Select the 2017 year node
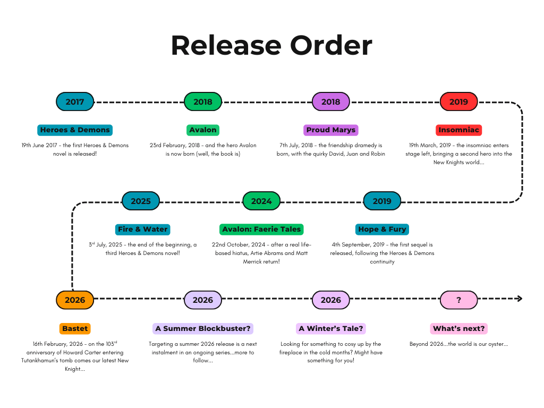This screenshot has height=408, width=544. pos(75,101)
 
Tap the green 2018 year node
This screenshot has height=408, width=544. pos(203,101)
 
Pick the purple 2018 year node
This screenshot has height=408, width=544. pos(330,101)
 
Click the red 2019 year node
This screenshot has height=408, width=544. pos(458,101)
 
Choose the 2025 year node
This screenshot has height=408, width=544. pos(141,201)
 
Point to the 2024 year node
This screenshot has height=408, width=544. pos(261,201)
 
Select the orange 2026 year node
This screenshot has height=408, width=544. pos(75,300)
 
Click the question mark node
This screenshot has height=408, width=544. pos(458,300)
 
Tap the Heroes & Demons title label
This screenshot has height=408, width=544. pos(75,130)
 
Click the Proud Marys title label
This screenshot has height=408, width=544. pos(330,130)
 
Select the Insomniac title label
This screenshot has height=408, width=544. pos(458,130)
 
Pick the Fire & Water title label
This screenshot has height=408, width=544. pos(142,229)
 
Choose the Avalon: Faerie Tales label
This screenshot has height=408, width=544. pos(261,229)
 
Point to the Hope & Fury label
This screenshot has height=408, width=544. pos(382,229)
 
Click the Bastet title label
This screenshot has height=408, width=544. pos(75,328)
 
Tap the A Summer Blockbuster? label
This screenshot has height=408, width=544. pos(203,328)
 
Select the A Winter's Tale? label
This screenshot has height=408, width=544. pos(331,328)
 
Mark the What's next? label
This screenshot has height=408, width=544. pos(459,328)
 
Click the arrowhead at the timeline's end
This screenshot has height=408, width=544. pos(520,299)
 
